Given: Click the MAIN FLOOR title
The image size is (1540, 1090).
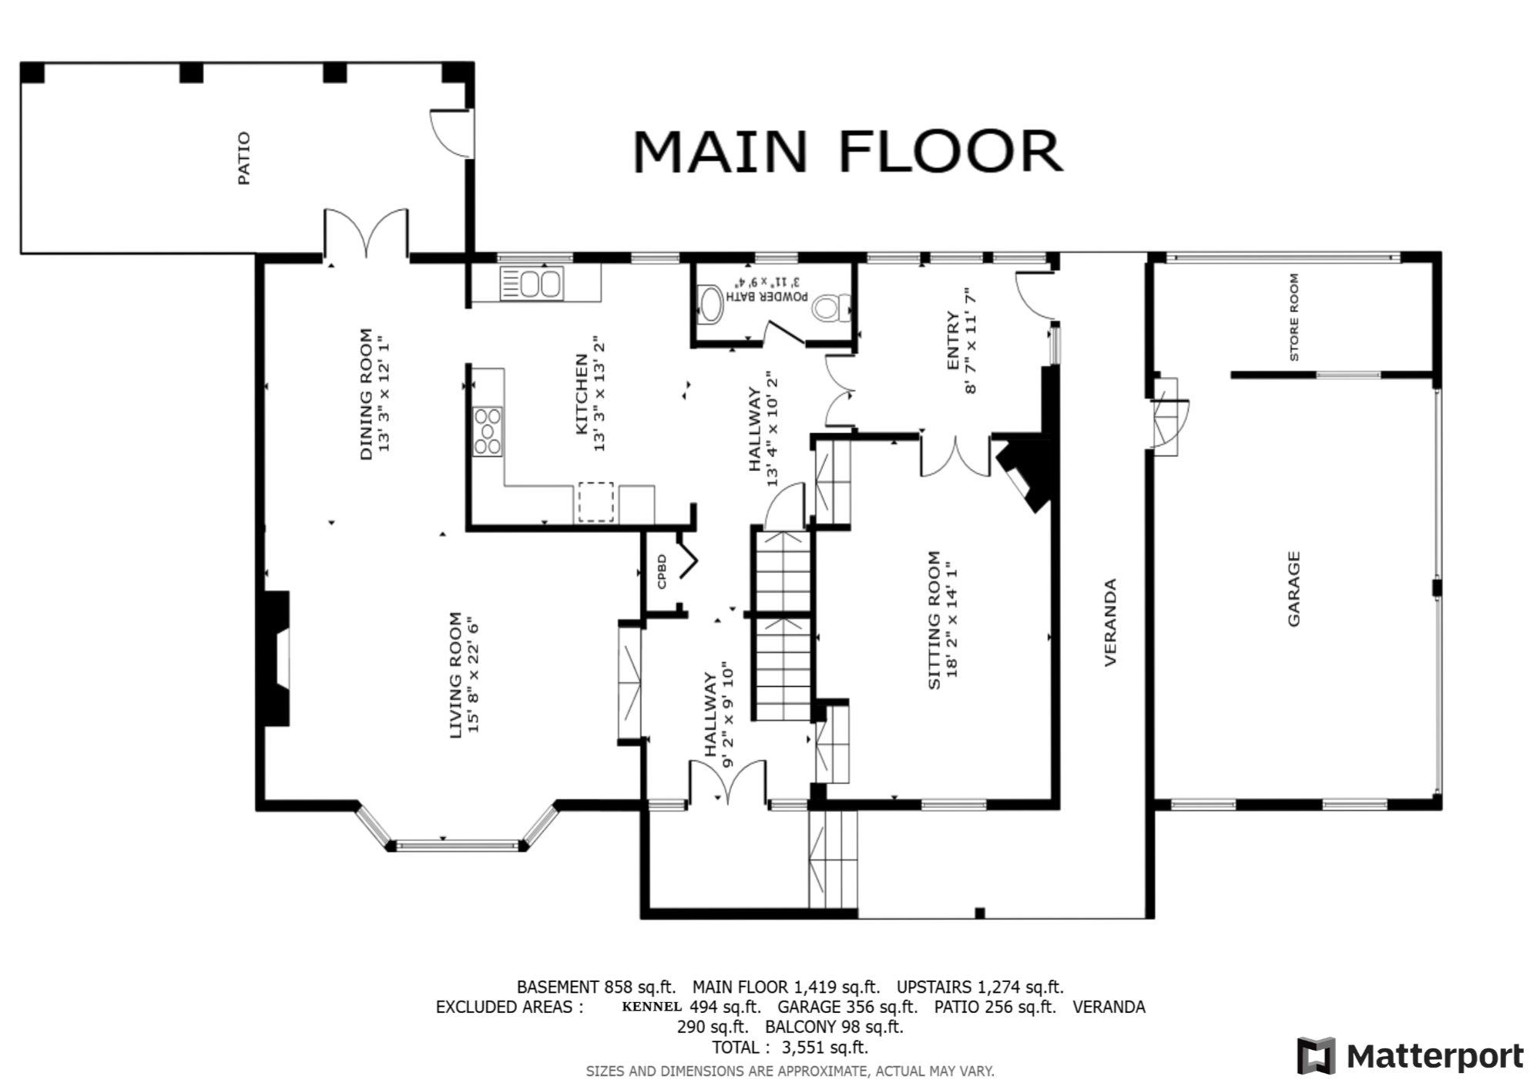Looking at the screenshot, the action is pos(847,151).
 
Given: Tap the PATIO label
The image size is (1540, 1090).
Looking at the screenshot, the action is pos(243,159).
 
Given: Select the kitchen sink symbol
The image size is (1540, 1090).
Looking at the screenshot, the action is pos(531,283).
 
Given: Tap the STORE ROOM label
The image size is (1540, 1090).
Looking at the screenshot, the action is pos(1293,317).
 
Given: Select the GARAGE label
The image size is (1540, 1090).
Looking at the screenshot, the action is pos(1293,588).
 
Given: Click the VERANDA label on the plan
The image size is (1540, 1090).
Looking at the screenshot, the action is pos(1110,622).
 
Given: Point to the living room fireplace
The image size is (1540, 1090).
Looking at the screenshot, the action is pos(277,658).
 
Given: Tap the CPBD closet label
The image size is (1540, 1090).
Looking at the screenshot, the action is pos(662,572).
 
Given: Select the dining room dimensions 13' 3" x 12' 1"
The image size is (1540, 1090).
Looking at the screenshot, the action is pos(384,394).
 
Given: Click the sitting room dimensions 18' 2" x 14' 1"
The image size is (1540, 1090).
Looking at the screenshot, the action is pos(952,619).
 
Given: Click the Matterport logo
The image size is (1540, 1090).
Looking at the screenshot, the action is pos(1411,1056).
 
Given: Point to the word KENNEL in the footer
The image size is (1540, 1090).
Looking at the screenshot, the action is pos(652,1006).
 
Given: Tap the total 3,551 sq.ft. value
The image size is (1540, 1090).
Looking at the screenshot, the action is pos(824,1048).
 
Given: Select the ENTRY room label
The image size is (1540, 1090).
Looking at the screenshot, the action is pos(952,340).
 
